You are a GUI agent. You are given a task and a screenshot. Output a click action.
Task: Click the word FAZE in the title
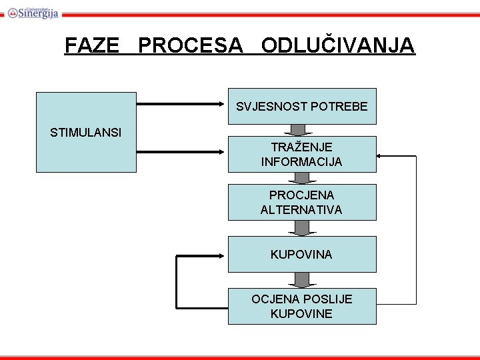point(92,46)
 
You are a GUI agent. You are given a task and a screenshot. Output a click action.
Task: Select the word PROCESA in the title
point(191,46)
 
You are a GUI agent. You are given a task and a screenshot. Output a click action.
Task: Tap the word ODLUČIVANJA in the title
point(338,46)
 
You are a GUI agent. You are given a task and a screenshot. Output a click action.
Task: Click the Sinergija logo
point(33,12)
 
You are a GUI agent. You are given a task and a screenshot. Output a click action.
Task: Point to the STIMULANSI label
point(85,132)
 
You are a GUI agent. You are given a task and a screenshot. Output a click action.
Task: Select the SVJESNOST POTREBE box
point(302,106)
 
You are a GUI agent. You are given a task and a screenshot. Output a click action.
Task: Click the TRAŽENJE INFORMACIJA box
point(302,154)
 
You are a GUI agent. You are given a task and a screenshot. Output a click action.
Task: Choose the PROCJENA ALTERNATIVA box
point(302,202)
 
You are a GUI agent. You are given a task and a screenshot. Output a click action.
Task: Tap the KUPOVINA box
point(302,254)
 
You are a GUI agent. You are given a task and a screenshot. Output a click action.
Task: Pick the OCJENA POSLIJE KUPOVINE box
point(302,306)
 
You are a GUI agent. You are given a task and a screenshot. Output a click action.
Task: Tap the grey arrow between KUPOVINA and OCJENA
point(302,280)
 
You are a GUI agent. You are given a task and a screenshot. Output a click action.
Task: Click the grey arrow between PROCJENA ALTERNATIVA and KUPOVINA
point(302,228)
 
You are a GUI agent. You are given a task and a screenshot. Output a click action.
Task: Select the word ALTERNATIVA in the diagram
point(301,209)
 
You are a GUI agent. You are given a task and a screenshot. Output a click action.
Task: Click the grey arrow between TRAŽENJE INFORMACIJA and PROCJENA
point(302,178)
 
